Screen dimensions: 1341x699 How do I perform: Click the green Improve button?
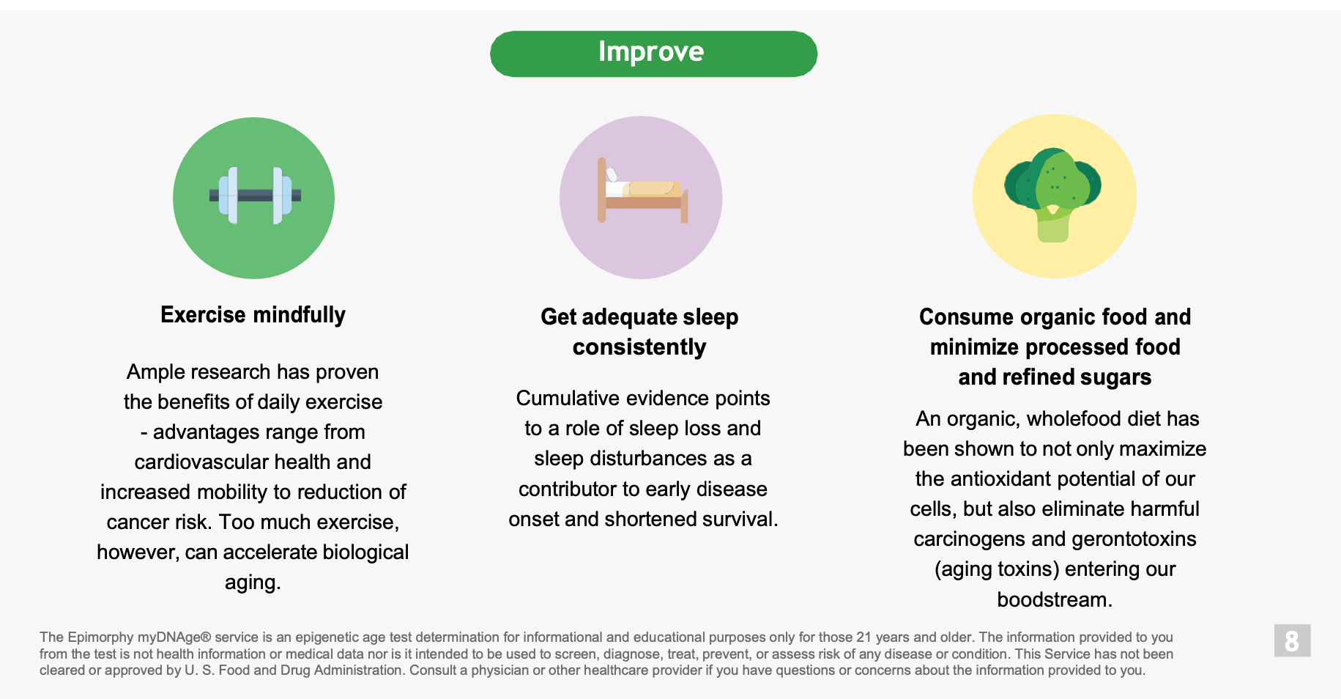[653, 53]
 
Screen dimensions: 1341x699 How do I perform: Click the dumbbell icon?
[255, 196]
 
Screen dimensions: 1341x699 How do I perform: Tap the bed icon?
[642, 191]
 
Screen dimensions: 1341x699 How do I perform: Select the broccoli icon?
[1053, 195]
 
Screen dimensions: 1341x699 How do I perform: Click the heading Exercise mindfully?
[253, 315]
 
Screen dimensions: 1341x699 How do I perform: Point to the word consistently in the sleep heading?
[639, 347]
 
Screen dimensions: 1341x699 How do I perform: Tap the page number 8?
[1292, 641]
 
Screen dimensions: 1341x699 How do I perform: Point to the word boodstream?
[1055, 599]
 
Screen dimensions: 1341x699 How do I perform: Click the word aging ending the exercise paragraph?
[253, 583]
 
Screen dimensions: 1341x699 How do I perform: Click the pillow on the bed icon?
[612, 174]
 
